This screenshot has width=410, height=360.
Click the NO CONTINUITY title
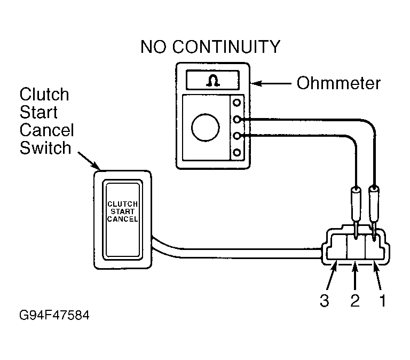click(x=210, y=47)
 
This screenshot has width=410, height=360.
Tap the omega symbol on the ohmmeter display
click(x=212, y=80)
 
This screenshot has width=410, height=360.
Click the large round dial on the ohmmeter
click(x=205, y=128)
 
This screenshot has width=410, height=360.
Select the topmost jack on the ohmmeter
click(x=236, y=103)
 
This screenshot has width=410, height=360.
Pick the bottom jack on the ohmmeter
click(x=236, y=152)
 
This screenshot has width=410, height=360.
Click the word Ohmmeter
click(x=338, y=83)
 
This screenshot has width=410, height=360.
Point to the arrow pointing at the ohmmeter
click(x=271, y=84)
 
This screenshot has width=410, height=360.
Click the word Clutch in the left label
click(x=44, y=94)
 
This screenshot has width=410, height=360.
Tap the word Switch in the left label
click(x=45, y=148)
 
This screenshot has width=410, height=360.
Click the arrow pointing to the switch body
click(x=89, y=161)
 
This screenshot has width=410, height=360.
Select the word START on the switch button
click(x=122, y=212)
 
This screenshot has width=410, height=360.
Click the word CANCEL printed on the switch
click(x=122, y=219)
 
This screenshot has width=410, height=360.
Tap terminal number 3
click(x=324, y=300)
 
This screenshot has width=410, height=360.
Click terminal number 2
click(x=355, y=300)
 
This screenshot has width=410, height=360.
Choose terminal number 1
click(x=383, y=300)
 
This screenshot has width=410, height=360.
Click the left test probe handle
click(x=356, y=204)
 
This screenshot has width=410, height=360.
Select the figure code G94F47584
click(x=54, y=315)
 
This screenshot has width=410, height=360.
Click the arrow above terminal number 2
click(x=355, y=276)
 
